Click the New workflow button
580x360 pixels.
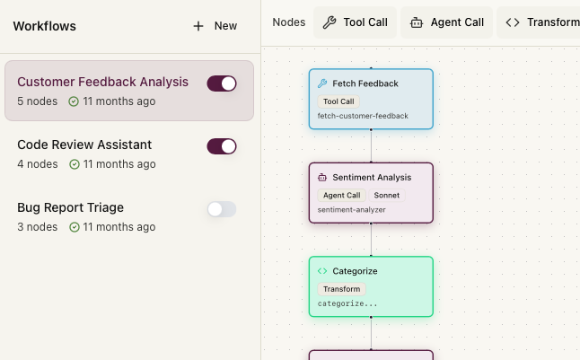(x=215, y=26)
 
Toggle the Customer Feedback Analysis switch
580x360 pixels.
(x=222, y=83)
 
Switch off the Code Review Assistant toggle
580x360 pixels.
(x=222, y=146)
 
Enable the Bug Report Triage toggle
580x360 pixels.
(x=222, y=209)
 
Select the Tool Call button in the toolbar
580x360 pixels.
(x=356, y=22)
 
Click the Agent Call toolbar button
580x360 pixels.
(x=447, y=22)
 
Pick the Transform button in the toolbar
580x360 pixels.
(x=539, y=22)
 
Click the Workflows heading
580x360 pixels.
(x=44, y=26)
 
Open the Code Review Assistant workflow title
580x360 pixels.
(x=84, y=145)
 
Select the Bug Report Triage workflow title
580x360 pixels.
(x=70, y=207)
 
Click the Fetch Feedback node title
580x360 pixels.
(x=365, y=83)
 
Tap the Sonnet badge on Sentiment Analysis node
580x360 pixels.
(x=387, y=196)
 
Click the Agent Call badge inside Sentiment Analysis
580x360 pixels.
(x=341, y=196)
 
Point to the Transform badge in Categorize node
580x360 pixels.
(x=341, y=289)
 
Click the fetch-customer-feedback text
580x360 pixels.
(x=363, y=116)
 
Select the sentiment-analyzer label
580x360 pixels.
(x=351, y=210)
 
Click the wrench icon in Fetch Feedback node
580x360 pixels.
(x=322, y=83)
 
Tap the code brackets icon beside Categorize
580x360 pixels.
(x=322, y=271)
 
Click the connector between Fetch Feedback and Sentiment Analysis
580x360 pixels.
(x=371, y=145)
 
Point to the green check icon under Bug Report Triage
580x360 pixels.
(x=75, y=227)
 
